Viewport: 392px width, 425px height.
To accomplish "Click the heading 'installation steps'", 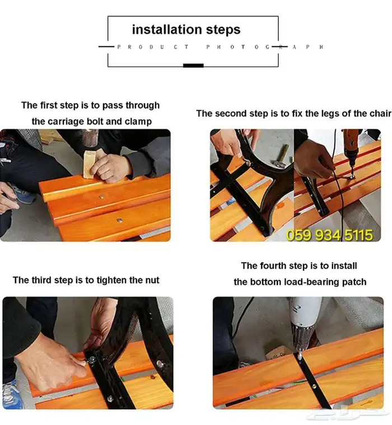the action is tap(186, 29).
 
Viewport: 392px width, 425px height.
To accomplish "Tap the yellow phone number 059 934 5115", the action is tap(329, 235).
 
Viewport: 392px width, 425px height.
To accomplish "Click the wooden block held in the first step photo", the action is tap(90, 164).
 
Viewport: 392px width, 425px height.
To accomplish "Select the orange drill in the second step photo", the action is tap(352, 152).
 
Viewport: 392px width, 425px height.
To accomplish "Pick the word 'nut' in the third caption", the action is tap(152, 280).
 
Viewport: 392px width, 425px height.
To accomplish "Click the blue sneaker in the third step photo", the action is tap(10, 393).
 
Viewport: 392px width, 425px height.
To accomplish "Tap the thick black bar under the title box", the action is tap(193, 66).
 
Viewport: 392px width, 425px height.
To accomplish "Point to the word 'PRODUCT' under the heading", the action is tap(153, 47).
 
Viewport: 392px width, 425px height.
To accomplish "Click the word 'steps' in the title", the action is tap(223, 30).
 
